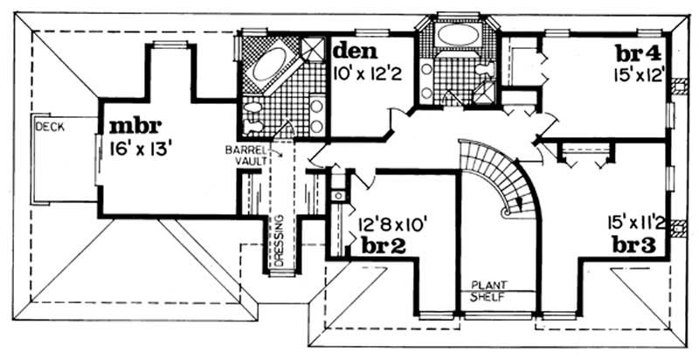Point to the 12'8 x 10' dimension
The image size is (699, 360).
pyautogui.click(x=388, y=224)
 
